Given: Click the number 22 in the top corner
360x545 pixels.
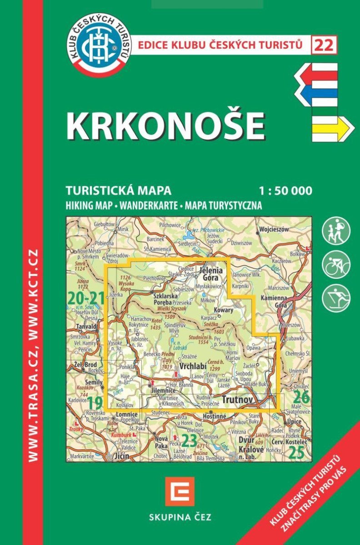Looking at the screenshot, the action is (x=324, y=45).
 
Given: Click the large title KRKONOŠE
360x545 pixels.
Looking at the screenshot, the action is (x=166, y=126).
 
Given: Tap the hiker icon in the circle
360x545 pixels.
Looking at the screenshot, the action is (x=336, y=231).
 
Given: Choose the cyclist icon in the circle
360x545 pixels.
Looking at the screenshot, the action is (x=336, y=264).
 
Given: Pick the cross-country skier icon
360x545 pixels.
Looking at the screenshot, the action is (x=336, y=298).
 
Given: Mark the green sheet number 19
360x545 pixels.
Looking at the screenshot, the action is (x=94, y=402).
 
